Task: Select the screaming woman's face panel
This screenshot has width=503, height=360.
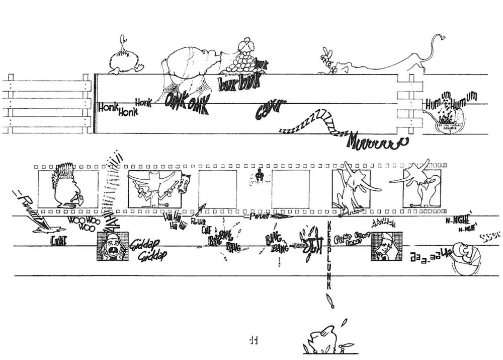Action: click(112, 246)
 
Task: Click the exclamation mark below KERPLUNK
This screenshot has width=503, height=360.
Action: click(330, 301)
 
